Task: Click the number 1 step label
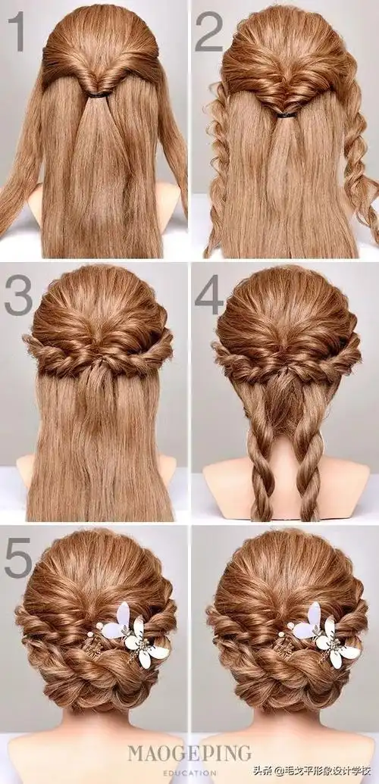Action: tap(16, 32)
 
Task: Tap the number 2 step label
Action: tap(208, 32)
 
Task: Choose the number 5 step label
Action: tap(18, 558)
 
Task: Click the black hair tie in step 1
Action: tap(99, 94)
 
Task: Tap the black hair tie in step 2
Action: tap(286, 115)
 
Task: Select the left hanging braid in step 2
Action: tap(218, 170)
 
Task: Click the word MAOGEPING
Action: tap(189, 754)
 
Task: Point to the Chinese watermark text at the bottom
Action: tap(312, 770)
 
